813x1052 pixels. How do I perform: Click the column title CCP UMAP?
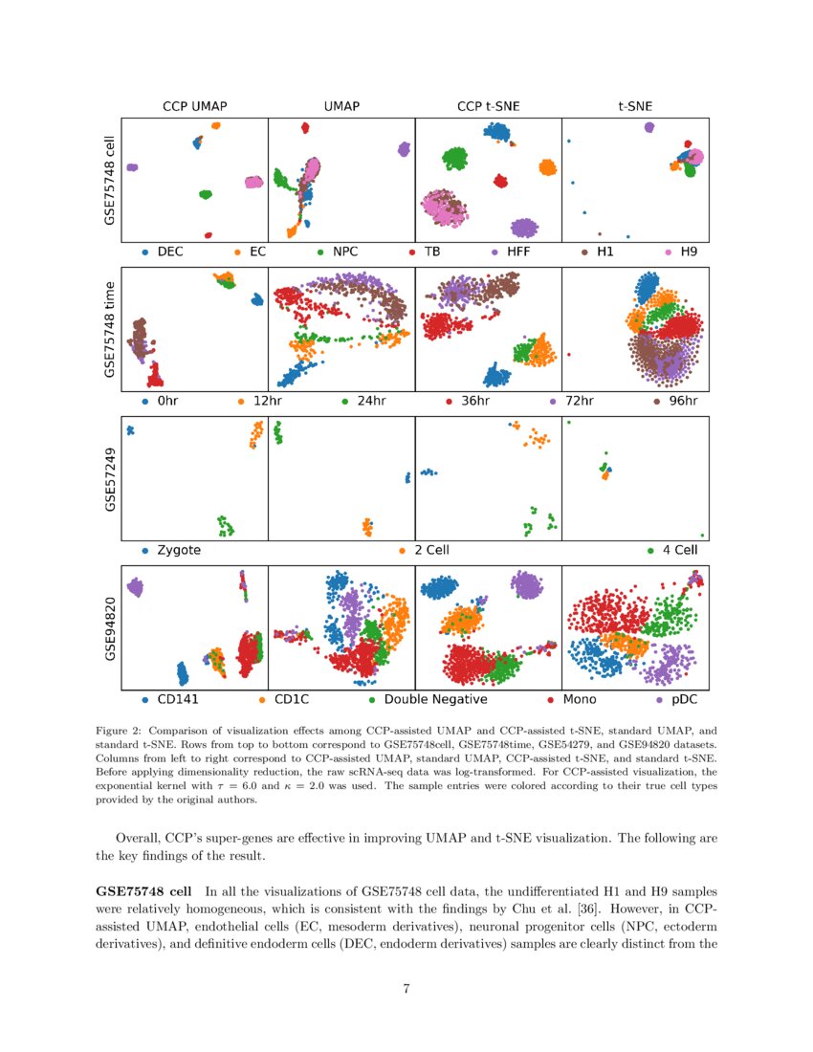(x=193, y=106)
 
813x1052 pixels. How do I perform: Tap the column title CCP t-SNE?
(x=488, y=106)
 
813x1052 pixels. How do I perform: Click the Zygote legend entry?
(x=178, y=551)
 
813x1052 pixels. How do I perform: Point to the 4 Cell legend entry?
(x=677, y=551)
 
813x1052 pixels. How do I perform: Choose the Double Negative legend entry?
(x=435, y=699)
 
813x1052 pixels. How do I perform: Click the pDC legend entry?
(x=685, y=699)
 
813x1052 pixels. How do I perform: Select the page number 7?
(x=406, y=989)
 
